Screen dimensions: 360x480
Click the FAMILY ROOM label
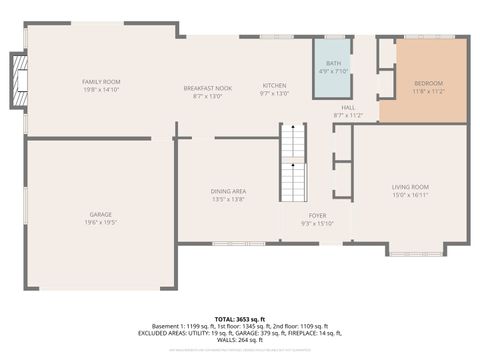101,81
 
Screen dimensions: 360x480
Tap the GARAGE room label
101,214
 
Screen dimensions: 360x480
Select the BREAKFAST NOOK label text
207,88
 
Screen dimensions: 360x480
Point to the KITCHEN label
275,85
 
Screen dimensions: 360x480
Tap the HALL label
348,107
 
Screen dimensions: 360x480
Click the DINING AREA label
229,191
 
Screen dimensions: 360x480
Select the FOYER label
317,215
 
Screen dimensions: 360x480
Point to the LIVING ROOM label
410,187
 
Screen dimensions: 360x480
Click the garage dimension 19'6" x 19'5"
101,222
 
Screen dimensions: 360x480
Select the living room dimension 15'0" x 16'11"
410,195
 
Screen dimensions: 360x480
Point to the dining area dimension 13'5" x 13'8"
229,199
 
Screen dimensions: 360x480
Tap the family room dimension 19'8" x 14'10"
101,89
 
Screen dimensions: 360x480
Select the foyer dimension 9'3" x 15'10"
317,223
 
